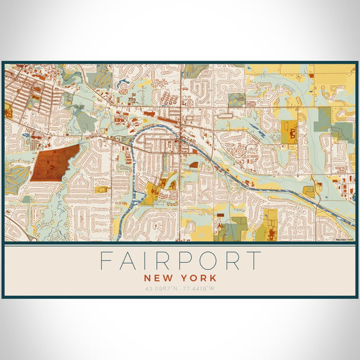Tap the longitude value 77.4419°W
coord(198,289)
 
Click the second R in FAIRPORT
coord(231,261)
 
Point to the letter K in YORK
coord(212,278)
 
